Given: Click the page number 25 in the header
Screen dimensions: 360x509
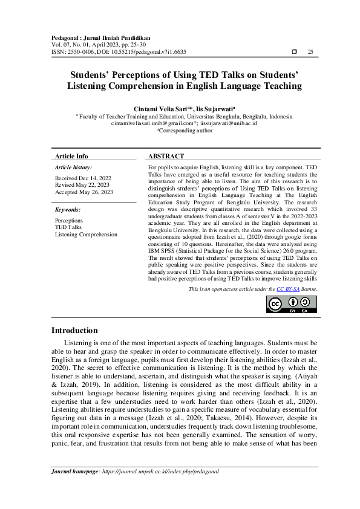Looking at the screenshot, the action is (310, 52).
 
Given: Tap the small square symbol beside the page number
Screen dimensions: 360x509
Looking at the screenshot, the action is (294, 52).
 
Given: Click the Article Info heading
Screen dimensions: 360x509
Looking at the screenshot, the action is (71, 156).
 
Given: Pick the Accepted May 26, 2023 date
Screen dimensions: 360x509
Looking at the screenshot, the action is (84, 192).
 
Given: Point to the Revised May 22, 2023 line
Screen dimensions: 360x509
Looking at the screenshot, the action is (82, 185).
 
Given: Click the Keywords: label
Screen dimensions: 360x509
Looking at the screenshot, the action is (68, 209).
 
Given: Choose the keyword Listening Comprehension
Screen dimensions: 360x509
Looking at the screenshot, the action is (86, 234).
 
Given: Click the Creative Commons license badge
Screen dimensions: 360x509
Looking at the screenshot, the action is (292, 305).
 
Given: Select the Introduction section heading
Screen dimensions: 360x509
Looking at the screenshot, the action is (74, 331).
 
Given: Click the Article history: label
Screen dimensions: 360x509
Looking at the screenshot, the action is (73, 166).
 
